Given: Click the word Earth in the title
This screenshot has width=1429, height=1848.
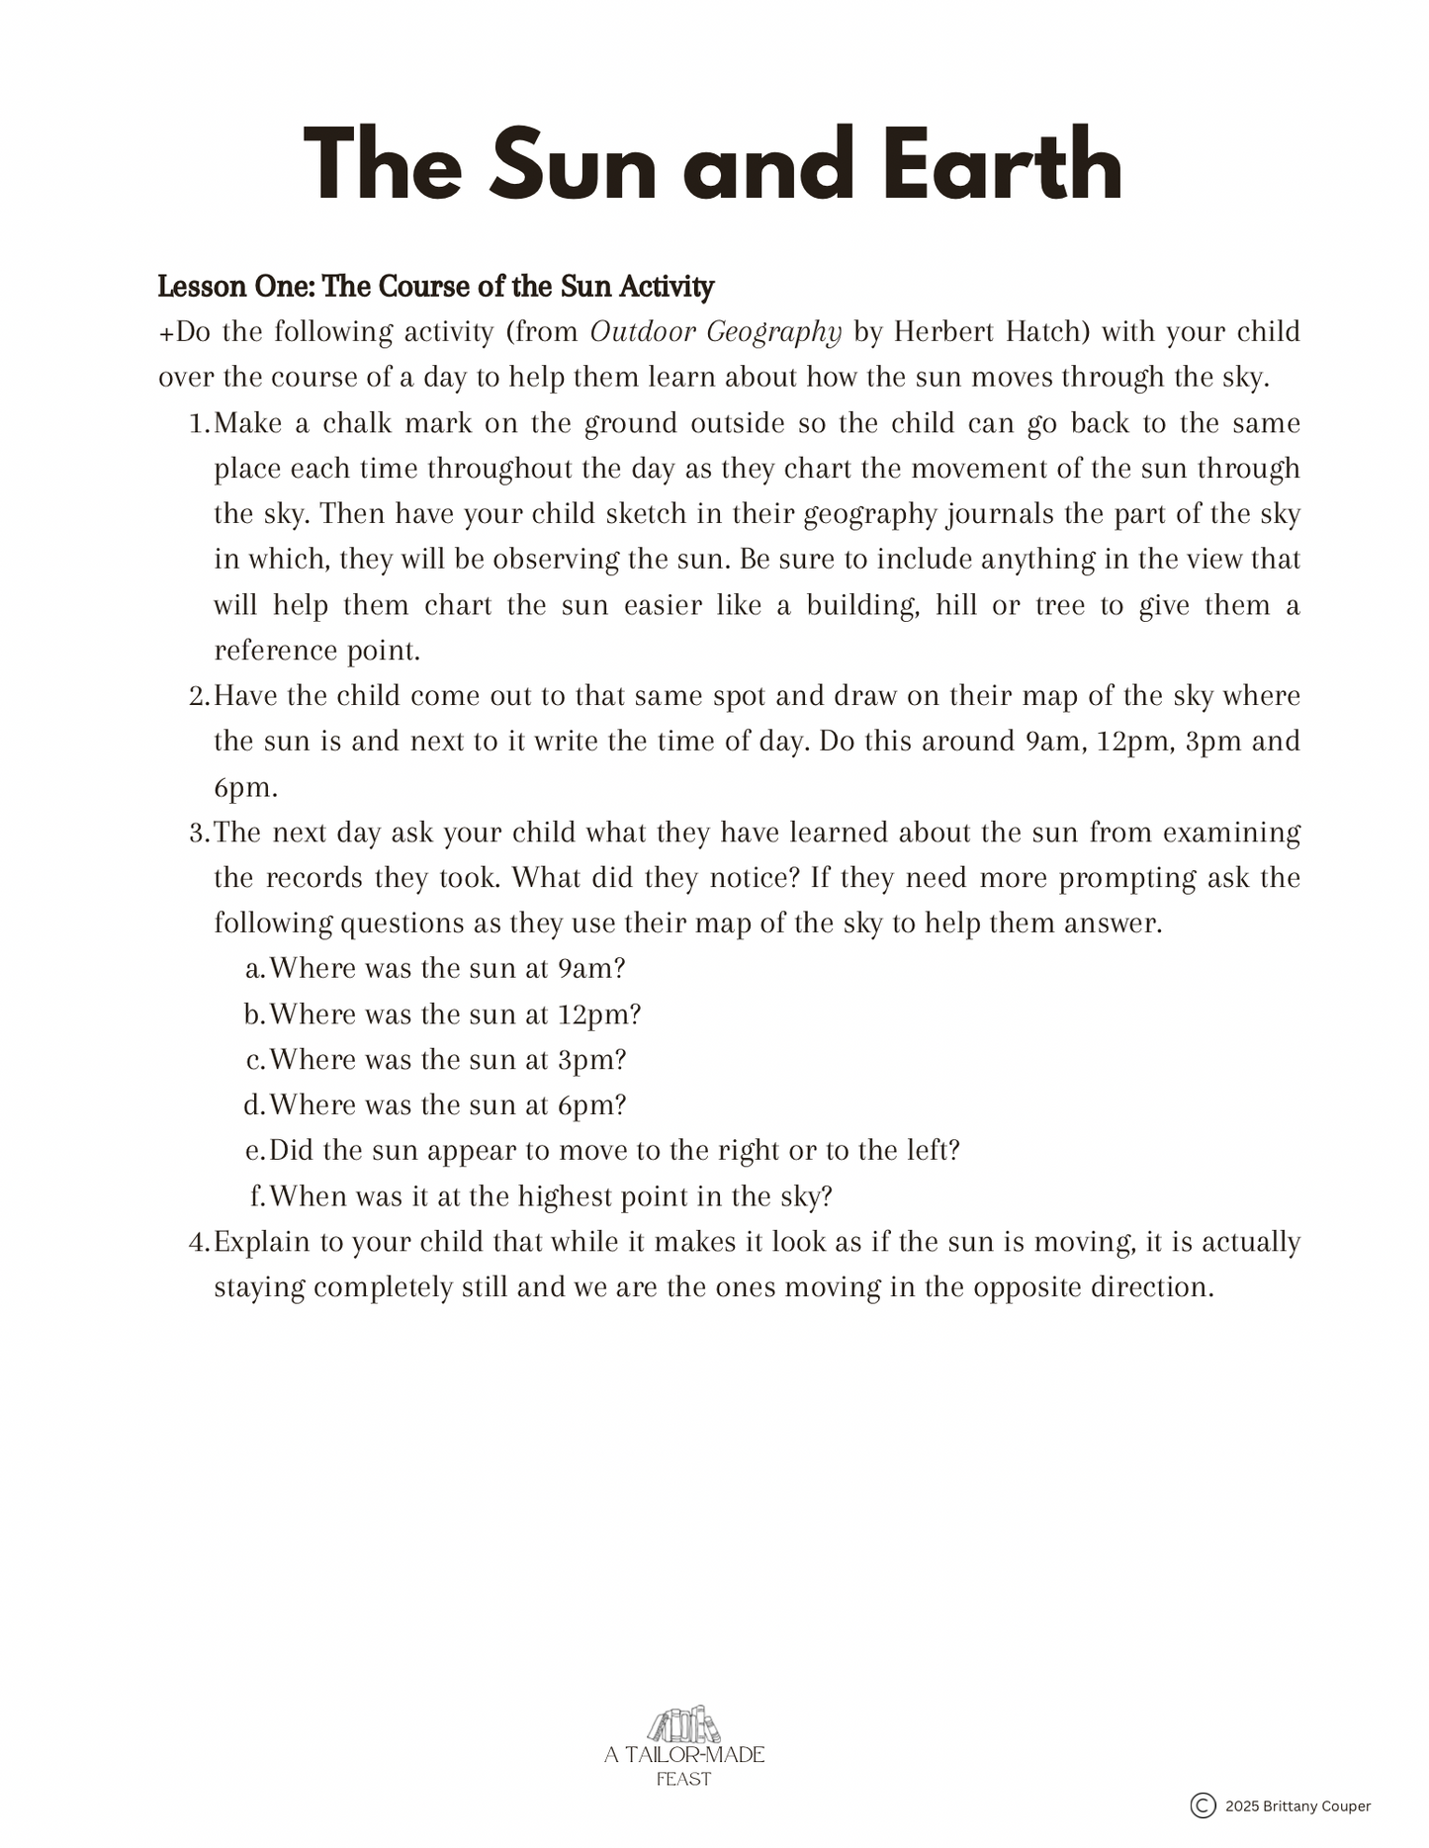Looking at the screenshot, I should point(1002,165).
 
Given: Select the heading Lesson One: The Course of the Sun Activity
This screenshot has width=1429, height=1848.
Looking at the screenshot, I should point(436,287).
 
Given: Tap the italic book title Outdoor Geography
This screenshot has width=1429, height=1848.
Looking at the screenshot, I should point(715,332).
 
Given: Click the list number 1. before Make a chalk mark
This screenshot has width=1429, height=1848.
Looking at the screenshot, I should point(199,424).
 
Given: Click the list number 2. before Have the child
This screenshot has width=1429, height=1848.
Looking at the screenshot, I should point(199,697).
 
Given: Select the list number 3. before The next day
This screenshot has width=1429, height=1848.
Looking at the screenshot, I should point(199,834).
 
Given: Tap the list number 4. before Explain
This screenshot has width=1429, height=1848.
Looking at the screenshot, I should point(199,1243).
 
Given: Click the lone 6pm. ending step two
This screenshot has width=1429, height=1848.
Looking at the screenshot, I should point(245,788).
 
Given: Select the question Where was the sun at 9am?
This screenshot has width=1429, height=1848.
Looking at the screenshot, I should point(447,969).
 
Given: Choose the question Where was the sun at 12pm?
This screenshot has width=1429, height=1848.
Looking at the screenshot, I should point(455,1015).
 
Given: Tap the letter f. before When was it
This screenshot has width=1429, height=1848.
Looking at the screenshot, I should point(257,1197).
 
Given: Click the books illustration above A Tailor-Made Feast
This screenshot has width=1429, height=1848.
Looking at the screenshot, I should point(683,1726).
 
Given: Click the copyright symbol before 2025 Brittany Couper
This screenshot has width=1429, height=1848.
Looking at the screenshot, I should point(1203,1806).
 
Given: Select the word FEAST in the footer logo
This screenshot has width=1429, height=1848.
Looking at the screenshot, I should point(683,1779).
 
